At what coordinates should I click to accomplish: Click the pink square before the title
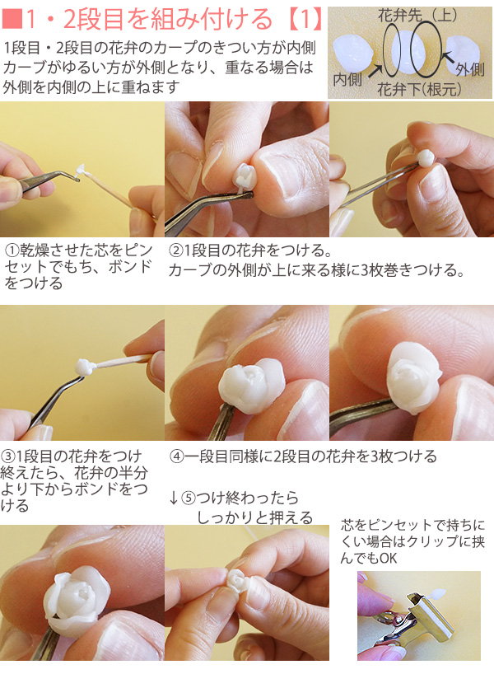click(12, 19)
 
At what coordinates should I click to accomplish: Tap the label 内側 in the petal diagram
click(347, 80)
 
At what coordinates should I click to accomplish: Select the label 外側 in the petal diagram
click(470, 68)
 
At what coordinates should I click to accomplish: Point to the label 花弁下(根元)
click(419, 89)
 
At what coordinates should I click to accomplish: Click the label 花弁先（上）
click(417, 16)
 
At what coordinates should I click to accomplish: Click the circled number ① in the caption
click(12, 250)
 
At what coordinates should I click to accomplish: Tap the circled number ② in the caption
click(176, 250)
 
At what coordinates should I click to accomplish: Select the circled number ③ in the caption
click(7, 456)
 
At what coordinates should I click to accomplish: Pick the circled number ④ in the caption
click(176, 456)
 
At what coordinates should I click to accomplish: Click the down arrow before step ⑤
click(174, 498)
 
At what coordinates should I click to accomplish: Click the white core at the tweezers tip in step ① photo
click(81, 171)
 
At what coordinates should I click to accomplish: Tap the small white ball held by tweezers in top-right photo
click(426, 158)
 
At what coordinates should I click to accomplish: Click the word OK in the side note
click(389, 559)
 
